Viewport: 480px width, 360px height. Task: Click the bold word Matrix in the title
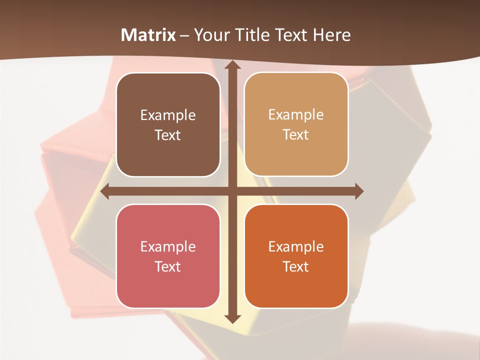pos(148,35)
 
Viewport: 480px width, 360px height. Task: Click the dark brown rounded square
pos(168,125)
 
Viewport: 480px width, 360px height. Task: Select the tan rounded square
pos(296,124)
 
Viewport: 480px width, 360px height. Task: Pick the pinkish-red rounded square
pos(168,256)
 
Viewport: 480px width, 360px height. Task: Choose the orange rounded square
pos(296,256)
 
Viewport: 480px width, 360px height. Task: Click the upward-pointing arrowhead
pos(231,65)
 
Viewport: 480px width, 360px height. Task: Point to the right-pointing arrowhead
pos(358,191)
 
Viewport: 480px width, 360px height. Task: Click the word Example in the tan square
pos(296,114)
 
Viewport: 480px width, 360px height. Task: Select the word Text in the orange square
pos(296,266)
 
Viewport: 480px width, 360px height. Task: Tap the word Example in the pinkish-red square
pos(168,246)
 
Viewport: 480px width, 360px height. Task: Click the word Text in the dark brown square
pos(168,135)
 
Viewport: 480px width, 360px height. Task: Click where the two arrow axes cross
pos(231,191)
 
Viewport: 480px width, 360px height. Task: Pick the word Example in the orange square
pos(296,246)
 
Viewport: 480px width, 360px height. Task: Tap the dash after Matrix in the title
pos(185,35)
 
